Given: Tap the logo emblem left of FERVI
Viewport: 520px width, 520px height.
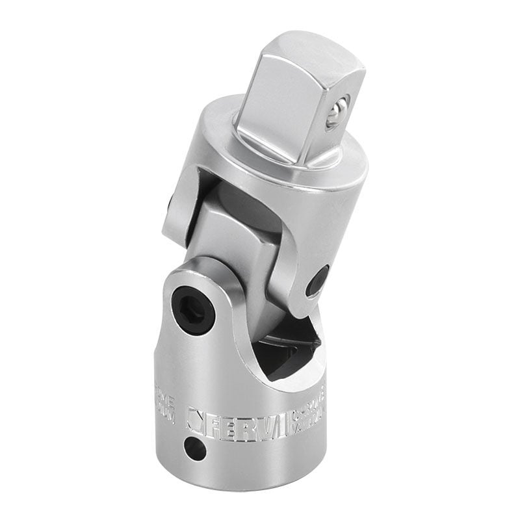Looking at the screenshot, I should tap(194, 419).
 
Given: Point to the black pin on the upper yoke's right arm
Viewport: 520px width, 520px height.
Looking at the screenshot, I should tap(318, 281).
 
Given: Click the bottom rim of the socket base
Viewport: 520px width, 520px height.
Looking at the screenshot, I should tap(247, 480).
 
